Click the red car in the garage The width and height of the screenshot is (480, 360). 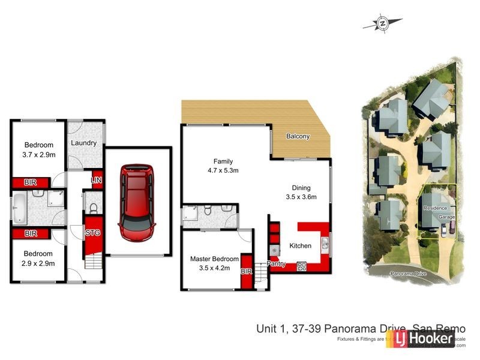point(138,203)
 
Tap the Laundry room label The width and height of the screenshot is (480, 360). point(84,143)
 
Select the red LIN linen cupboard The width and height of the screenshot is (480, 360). point(95,179)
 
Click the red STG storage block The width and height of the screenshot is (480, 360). point(92,233)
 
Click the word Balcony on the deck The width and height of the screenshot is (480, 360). point(298,136)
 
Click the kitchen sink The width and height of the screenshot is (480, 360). point(324,243)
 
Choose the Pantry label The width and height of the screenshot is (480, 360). point(277,263)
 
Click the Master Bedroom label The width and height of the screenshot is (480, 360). point(214,259)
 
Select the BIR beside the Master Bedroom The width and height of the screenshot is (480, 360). point(246,272)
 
